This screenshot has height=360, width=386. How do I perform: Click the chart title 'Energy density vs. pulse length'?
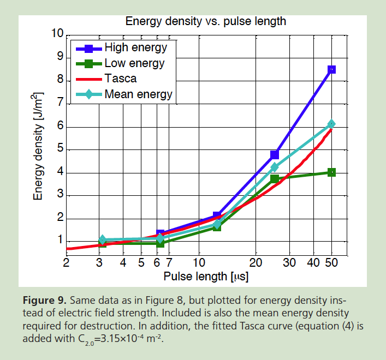pos(206,22)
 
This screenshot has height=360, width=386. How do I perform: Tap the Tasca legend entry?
pos(120,79)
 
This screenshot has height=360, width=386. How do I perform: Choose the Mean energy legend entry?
pos(138,94)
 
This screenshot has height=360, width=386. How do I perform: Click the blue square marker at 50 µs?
pos(331,69)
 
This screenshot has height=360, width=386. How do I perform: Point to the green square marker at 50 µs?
pos(331,172)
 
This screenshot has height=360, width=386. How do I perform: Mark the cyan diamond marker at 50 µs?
pos(331,124)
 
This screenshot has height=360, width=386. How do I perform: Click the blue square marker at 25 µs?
pos(275,155)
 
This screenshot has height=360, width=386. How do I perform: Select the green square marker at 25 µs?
pos(275,179)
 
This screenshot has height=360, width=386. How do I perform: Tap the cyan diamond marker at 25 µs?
pos(275,167)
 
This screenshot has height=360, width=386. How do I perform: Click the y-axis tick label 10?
pos(57,34)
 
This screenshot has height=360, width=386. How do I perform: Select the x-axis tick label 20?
pos(256,262)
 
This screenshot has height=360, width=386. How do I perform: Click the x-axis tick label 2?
pos(67,262)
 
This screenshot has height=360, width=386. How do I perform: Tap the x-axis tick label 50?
pos(331,262)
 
